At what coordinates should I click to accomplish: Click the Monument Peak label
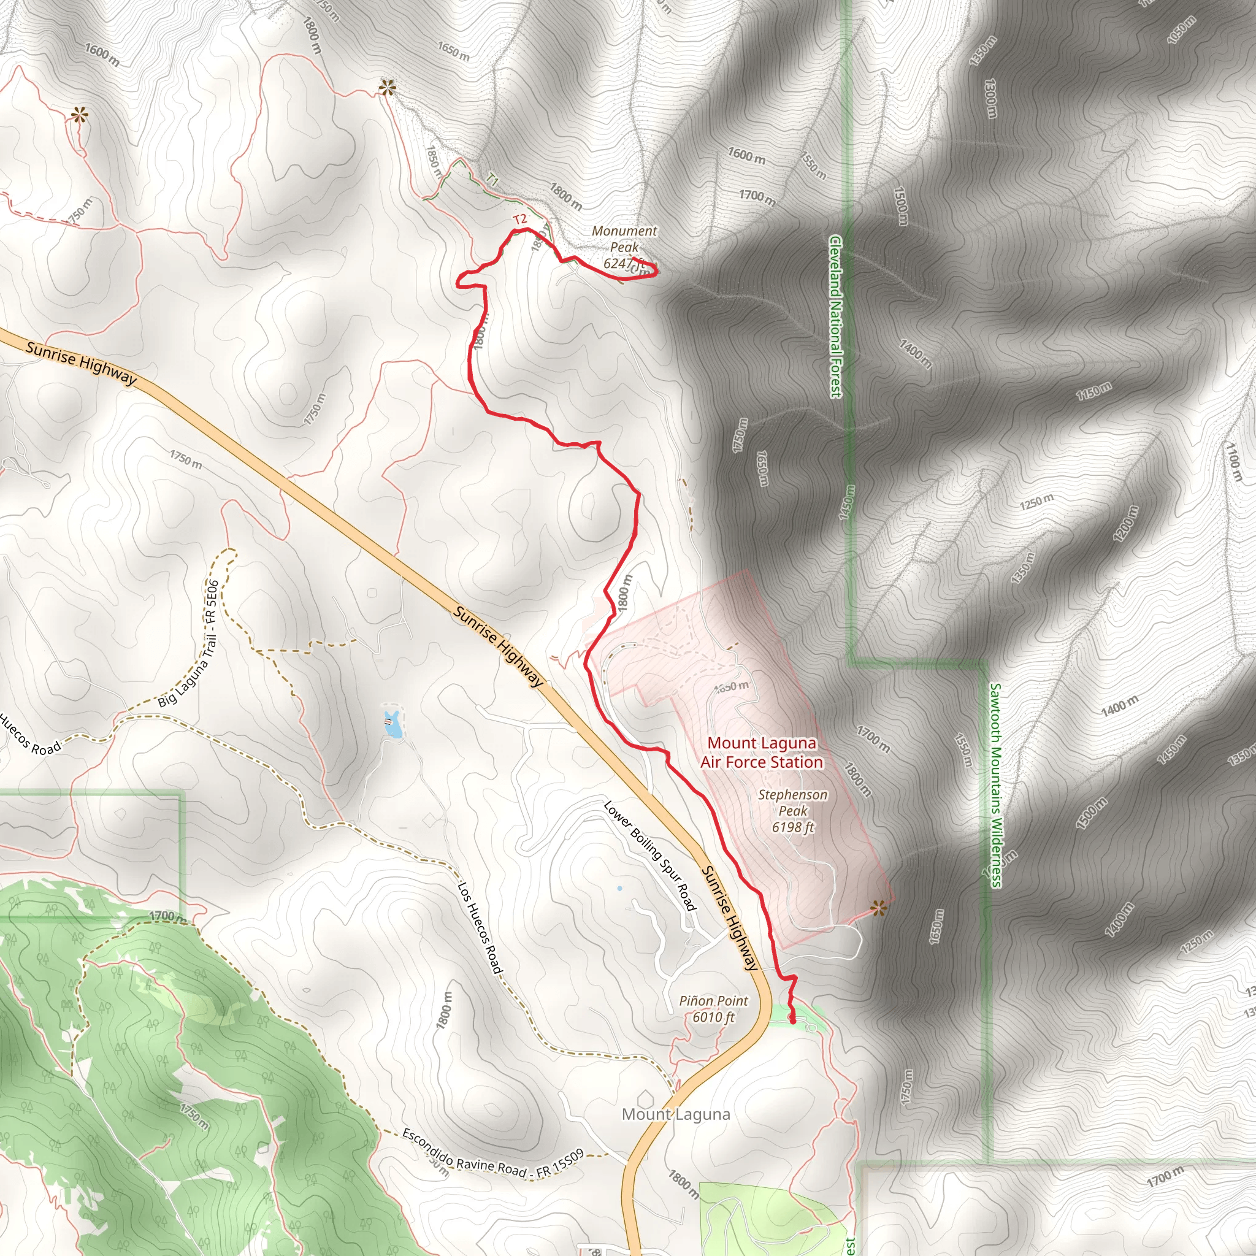pos(624,247)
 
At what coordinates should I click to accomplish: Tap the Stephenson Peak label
pos(792,811)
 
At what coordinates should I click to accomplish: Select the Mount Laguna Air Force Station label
pos(761,752)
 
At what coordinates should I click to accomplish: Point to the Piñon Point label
pos(713,1008)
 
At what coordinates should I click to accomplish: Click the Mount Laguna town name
pos(675,1114)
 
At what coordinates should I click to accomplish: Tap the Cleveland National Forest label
pos(835,316)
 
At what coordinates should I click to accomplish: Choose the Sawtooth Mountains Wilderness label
pos(995,784)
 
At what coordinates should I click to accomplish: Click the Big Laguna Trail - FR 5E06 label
pos(188,643)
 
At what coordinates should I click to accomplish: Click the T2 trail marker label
pos(519,219)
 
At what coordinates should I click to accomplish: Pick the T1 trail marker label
pos(492,180)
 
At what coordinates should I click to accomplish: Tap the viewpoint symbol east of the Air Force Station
pos(879,908)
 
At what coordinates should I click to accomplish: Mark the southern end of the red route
pos(793,1022)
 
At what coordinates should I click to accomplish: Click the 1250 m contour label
pos(1036,502)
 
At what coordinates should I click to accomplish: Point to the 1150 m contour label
pos(1093,391)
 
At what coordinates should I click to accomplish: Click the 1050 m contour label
pos(1181,29)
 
